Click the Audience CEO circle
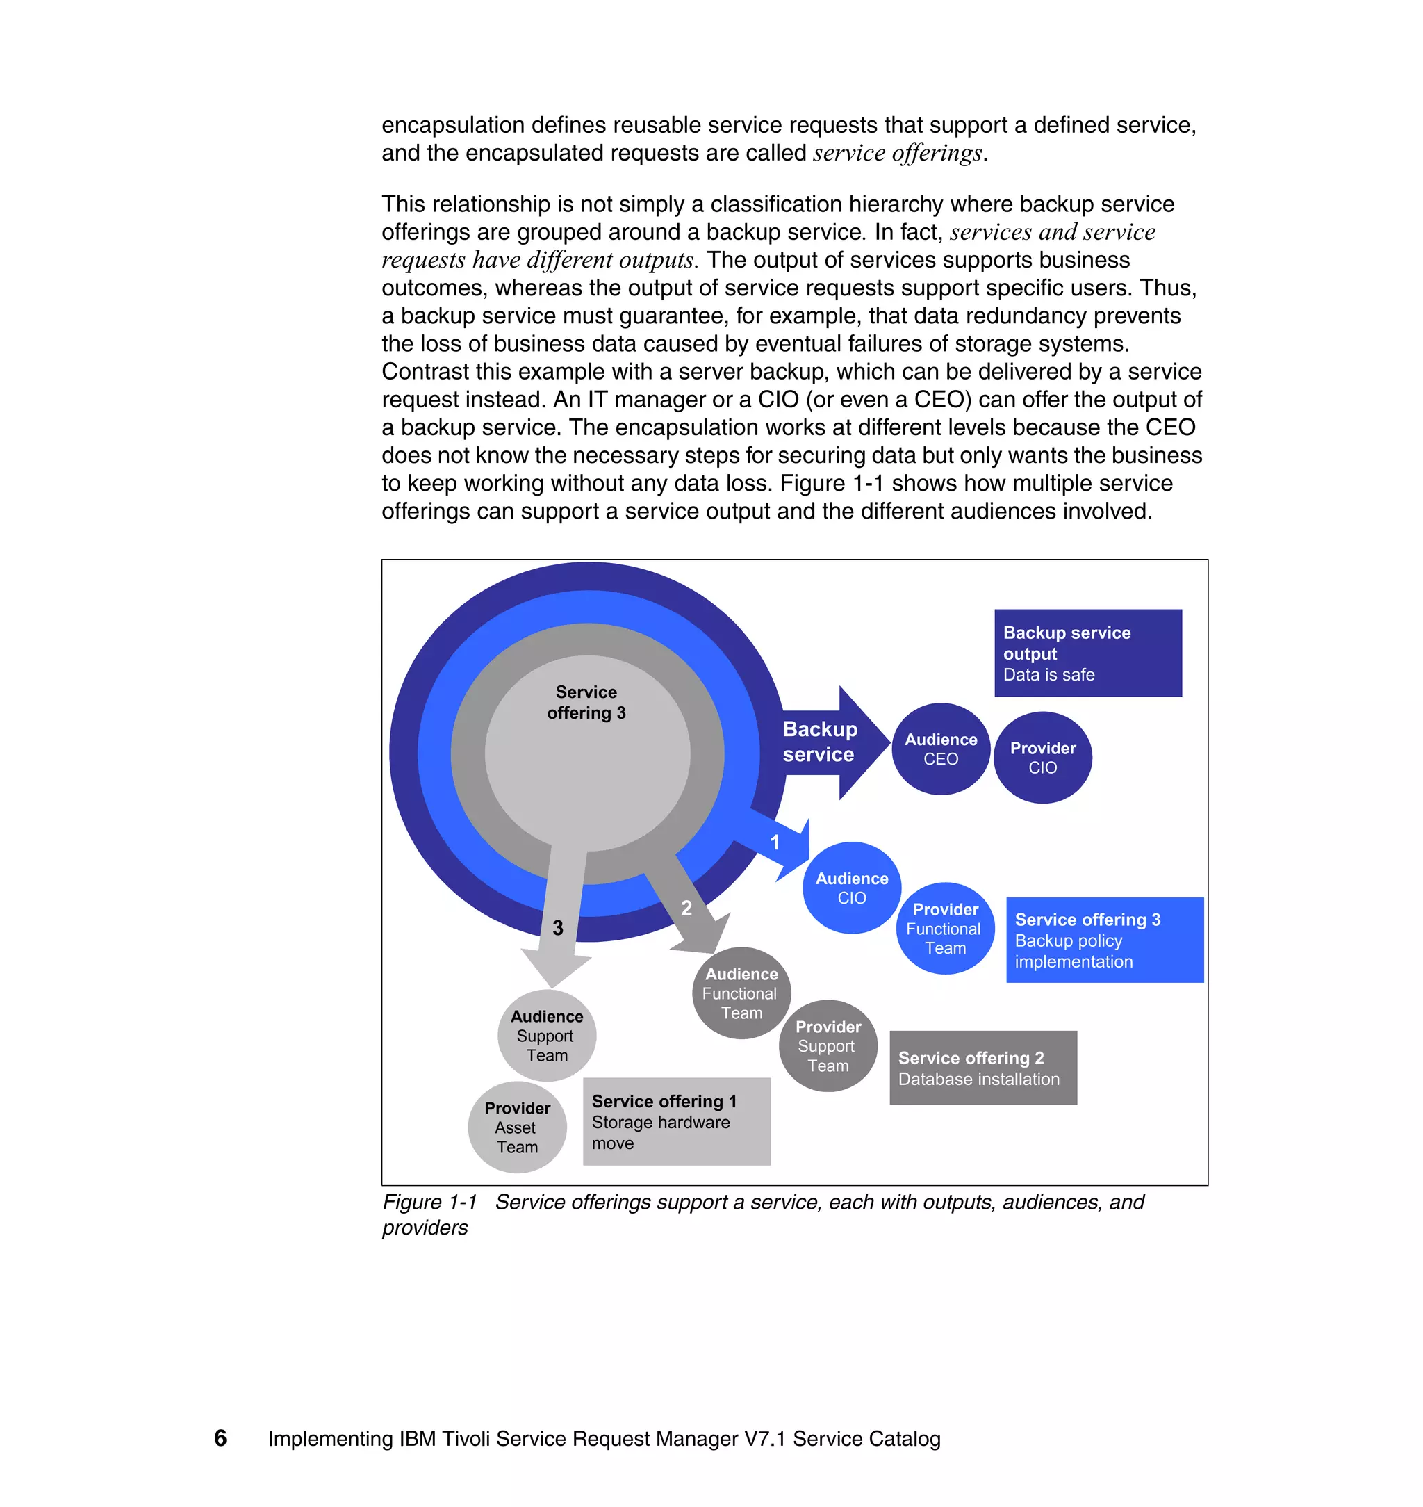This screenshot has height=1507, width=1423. pyautogui.click(x=941, y=749)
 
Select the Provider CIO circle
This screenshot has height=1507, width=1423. pyautogui.click(x=1042, y=757)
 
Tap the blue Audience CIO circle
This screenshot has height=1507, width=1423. pyautogui.click(x=852, y=887)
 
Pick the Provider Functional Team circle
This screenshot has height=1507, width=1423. pyautogui.click(x=945, y=928)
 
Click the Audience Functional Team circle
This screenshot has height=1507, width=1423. pyautogui.click(x=741, y=993)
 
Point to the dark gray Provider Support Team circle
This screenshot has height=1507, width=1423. pyautogui.click(x=828, y=1045)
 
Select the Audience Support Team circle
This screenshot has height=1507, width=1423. pyautogui.click(x=546, y=1035)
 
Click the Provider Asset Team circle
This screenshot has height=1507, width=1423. pyautogui.click(x=518, y=1127)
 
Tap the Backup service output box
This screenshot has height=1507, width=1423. pyautogui.click(x=1087, y=653)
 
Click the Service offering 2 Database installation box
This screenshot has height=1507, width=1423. pyautogui.click(x=982, y=1067)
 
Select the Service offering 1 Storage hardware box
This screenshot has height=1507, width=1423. pyautogui.click(x=676, y=1121)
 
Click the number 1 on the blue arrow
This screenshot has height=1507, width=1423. pyautogui.click(x=775, y=842)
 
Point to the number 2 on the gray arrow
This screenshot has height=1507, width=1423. pyautogui.click(x=686, y=909)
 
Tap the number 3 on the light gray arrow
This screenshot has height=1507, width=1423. pyautogui.click(x=557, y=927)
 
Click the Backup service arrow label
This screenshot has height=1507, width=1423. pyautogui.click(x=819, y=742)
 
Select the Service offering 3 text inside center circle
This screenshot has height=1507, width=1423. pyautogui.click(x=586, y=702)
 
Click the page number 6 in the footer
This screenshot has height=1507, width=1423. pyautogui.click(x=221, y=1438)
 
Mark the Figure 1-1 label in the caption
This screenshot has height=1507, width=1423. pyautogui.click(x=429, y=1202)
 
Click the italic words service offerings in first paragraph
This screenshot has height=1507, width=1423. pyautogui.click(x=897, y=154)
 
